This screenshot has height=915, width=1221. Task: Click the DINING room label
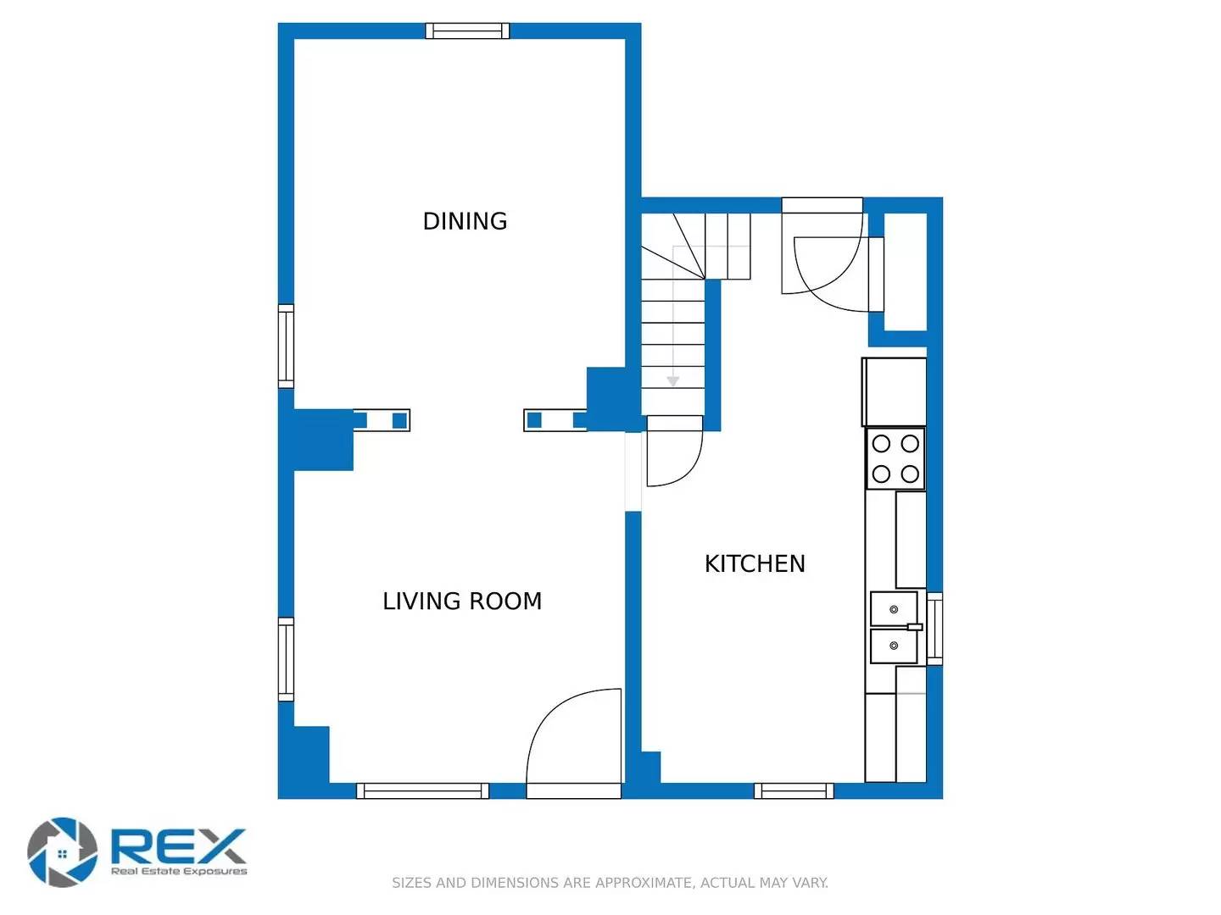[465, 221]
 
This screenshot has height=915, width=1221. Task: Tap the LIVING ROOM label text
[462, 602]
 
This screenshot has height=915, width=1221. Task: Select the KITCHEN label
[755, 564]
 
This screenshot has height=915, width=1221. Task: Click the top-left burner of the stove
[881, 443]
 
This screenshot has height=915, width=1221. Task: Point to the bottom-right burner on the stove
[910, 474]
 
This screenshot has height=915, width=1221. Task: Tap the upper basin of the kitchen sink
[894, 609]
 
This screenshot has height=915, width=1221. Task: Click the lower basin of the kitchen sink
[894, 646]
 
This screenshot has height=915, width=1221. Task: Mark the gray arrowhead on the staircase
[672, 381]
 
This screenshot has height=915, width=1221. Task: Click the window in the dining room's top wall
[467, 31]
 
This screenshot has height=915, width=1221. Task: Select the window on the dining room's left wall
[287, 347]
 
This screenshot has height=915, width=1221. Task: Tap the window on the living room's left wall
[287, 659]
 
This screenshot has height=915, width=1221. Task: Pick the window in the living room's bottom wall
[422, 790]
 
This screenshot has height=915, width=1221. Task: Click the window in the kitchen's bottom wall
[794, 790]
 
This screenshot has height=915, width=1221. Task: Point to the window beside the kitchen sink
[934, 629]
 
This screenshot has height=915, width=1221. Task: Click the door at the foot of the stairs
[674, 453]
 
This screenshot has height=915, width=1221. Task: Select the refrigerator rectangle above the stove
[895, 391]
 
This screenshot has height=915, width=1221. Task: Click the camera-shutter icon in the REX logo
[62, 851]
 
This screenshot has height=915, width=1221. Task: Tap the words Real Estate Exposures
[179, 871]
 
